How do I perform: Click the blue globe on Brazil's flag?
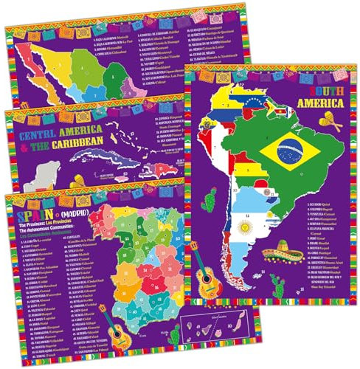tap(288, 151)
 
